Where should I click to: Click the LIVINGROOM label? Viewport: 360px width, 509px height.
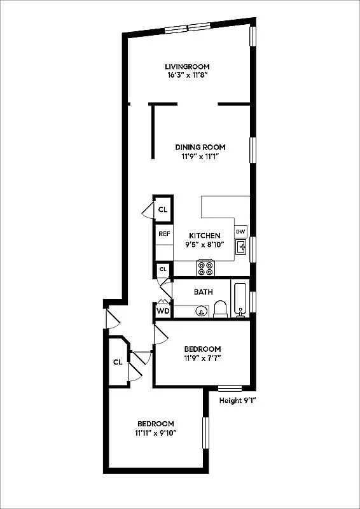click(x=186, y=66)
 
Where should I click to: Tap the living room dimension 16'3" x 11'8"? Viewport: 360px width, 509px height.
click(x=186, y=75)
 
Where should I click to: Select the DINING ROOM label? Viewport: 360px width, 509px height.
click(x=200, y=147)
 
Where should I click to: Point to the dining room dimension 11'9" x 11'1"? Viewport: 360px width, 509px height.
click(x=200, y=156)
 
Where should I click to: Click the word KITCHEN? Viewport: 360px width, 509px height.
click(x=204, y=235)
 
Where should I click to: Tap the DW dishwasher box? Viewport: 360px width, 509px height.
click(x=241, y=232)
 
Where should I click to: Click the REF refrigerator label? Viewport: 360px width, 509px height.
click(x=163, y=234)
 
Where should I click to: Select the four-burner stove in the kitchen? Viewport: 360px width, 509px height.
click(x=205, y=268)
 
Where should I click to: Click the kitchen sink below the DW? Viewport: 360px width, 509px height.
click(x=241, y=248)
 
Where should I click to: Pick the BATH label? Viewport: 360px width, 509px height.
click(x=203, y=292)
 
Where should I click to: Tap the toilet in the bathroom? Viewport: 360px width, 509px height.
click(x=221, y=309)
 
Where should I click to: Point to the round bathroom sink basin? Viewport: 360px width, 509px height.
click(x=201, y=312)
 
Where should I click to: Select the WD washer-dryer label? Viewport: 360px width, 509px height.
click(x=163, y=311)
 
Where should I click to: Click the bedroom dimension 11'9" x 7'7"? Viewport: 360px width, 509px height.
click(x=202, y=358)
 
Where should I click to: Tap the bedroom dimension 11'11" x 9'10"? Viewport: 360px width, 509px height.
click(x=155, y=433)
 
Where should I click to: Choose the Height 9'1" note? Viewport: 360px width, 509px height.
click(x=237, y=400)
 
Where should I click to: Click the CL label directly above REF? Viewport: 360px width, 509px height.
click(x=163, y=209)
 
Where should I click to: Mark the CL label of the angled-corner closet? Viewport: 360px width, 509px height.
click(x=118, y=362)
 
